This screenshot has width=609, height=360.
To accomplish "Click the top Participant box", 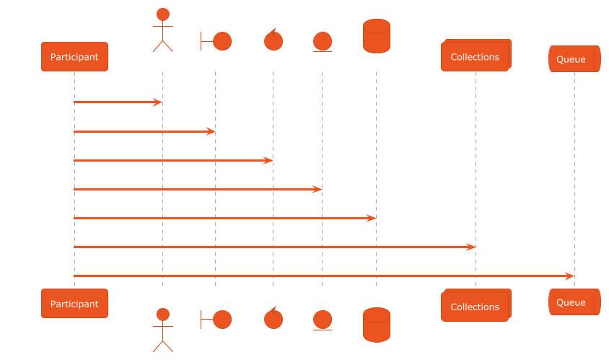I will point(74,56).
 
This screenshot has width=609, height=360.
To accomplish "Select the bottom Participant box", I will point(74,304).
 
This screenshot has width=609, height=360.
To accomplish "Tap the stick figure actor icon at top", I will point(163,30).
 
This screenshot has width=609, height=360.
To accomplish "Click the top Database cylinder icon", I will point(376,36).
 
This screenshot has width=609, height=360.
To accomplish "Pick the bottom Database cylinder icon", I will point(376,325).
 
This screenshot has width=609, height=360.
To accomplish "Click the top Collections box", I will point(475,57).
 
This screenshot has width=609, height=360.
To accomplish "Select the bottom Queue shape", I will point(574,302).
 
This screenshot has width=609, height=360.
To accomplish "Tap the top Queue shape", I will point(574,59).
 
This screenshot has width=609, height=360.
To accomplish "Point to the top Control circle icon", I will point(273,40).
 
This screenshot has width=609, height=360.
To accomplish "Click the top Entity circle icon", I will point(322,42).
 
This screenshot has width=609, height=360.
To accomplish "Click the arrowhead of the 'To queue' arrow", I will point(569,276).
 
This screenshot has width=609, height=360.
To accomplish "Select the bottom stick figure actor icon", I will point(163,330).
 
